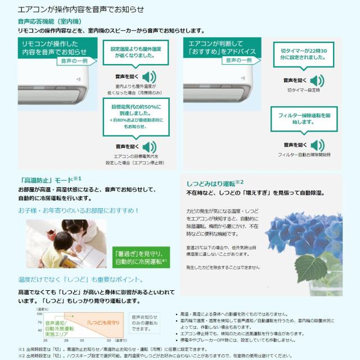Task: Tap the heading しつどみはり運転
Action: [x=211, y=183]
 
